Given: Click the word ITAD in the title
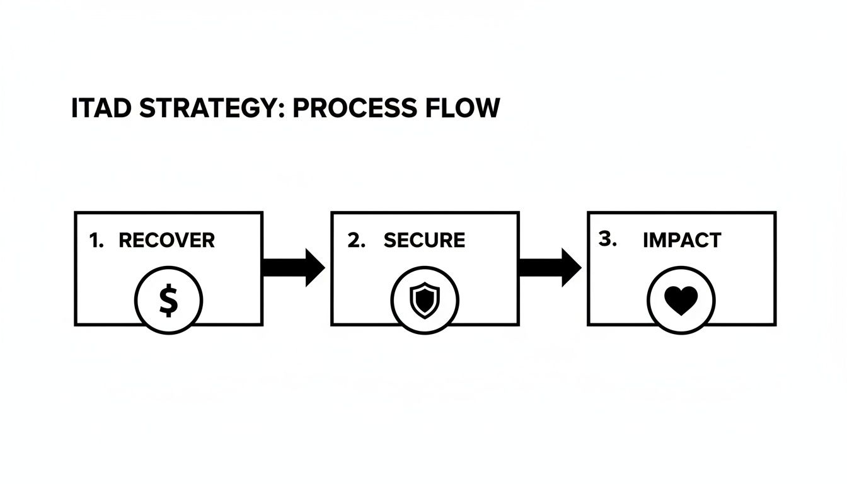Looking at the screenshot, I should (101, 108).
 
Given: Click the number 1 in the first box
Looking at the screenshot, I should (95, 240).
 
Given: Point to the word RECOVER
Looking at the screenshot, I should (166, 240).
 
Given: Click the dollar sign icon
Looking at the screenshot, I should (168, 300).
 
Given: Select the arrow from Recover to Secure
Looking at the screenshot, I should (292, 267).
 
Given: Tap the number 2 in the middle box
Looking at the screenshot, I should (355, 240).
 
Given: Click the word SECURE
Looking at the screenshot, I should (424, 240).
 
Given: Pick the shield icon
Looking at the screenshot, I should (425, 300).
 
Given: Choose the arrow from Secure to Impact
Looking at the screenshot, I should (549, 267).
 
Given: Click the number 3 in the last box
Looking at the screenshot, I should (606, 239).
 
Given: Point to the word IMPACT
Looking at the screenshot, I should (682, 240).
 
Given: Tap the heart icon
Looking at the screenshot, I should (681, 301).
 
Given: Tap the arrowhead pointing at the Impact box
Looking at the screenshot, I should (571, 267).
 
